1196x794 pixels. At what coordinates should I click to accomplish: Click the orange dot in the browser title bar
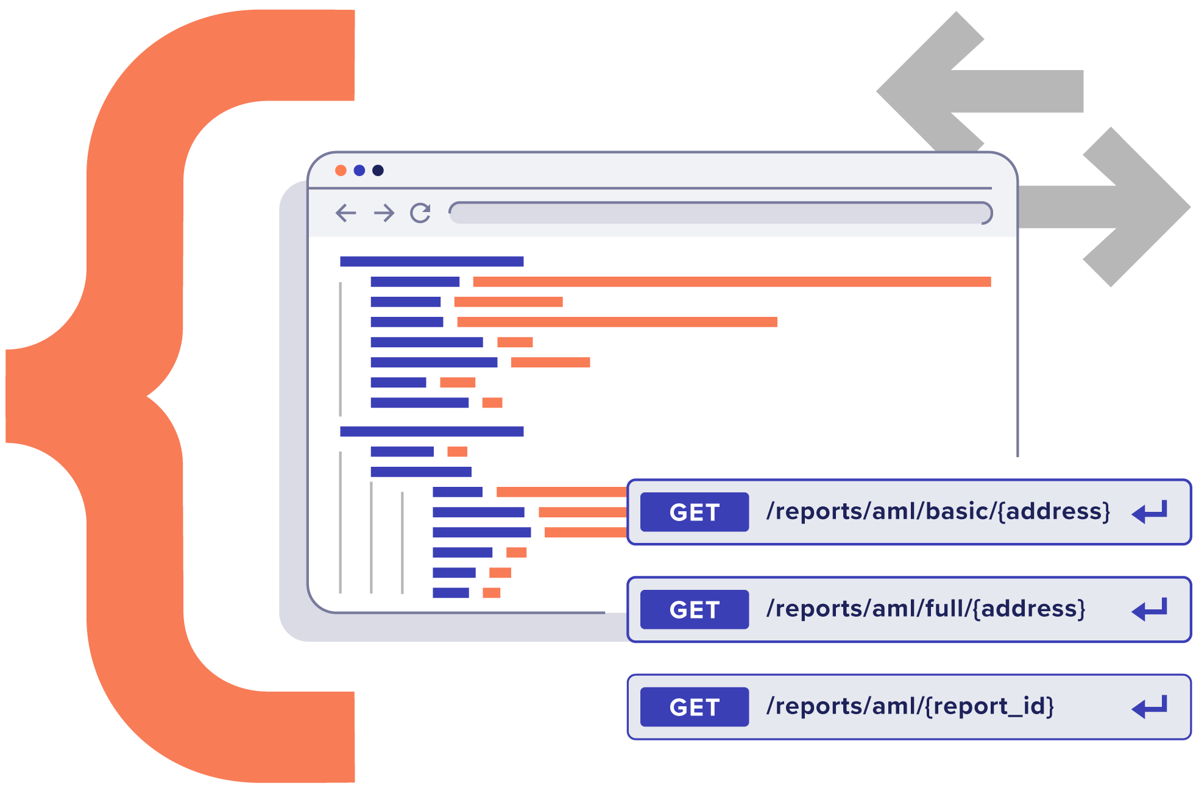tap(341, 171)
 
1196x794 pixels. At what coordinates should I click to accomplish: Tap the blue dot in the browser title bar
tap(359, 171)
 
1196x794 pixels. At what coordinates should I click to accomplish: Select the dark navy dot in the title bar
tap(378, 171)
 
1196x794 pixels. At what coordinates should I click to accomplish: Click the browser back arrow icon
tap(345, 213)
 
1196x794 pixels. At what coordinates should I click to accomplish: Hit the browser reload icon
tap(420, 213)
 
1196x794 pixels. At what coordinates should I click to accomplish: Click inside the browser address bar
tap(719, 213)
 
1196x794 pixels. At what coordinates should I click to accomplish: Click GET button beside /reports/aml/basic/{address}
tap(694, 512)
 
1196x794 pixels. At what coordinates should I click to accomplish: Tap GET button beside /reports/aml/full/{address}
tap(694, 609)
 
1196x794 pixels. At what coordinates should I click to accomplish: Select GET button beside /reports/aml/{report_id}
tap(694, 707)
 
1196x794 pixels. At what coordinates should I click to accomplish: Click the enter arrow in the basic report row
tap(1150, 512)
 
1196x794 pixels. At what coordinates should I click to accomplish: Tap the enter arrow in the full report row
tap(1150, 609)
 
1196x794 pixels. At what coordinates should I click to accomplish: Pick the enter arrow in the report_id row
tap(1150, 707)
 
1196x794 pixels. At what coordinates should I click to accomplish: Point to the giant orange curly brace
tap(134, 396)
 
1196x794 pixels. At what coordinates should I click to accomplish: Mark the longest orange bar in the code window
tap(731, 282)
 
